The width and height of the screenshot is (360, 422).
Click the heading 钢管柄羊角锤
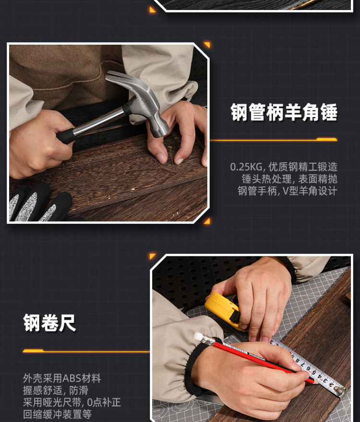284,112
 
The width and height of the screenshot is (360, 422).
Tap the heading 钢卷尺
49,323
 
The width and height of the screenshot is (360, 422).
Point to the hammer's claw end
113,76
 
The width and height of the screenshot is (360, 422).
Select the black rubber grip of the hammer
66,135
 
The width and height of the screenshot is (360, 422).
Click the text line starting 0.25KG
284,167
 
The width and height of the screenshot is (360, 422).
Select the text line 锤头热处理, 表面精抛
289,179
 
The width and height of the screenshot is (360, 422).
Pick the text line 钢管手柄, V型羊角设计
288,191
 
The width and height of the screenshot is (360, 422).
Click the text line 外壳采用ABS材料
62,378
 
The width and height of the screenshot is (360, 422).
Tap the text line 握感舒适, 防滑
55,390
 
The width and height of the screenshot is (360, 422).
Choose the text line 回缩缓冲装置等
57,414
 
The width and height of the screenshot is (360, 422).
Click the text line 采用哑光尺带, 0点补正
72,402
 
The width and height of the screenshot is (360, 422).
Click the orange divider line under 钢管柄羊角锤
274,140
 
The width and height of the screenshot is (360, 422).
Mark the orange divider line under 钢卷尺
86,351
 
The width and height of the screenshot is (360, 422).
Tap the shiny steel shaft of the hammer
99,121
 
